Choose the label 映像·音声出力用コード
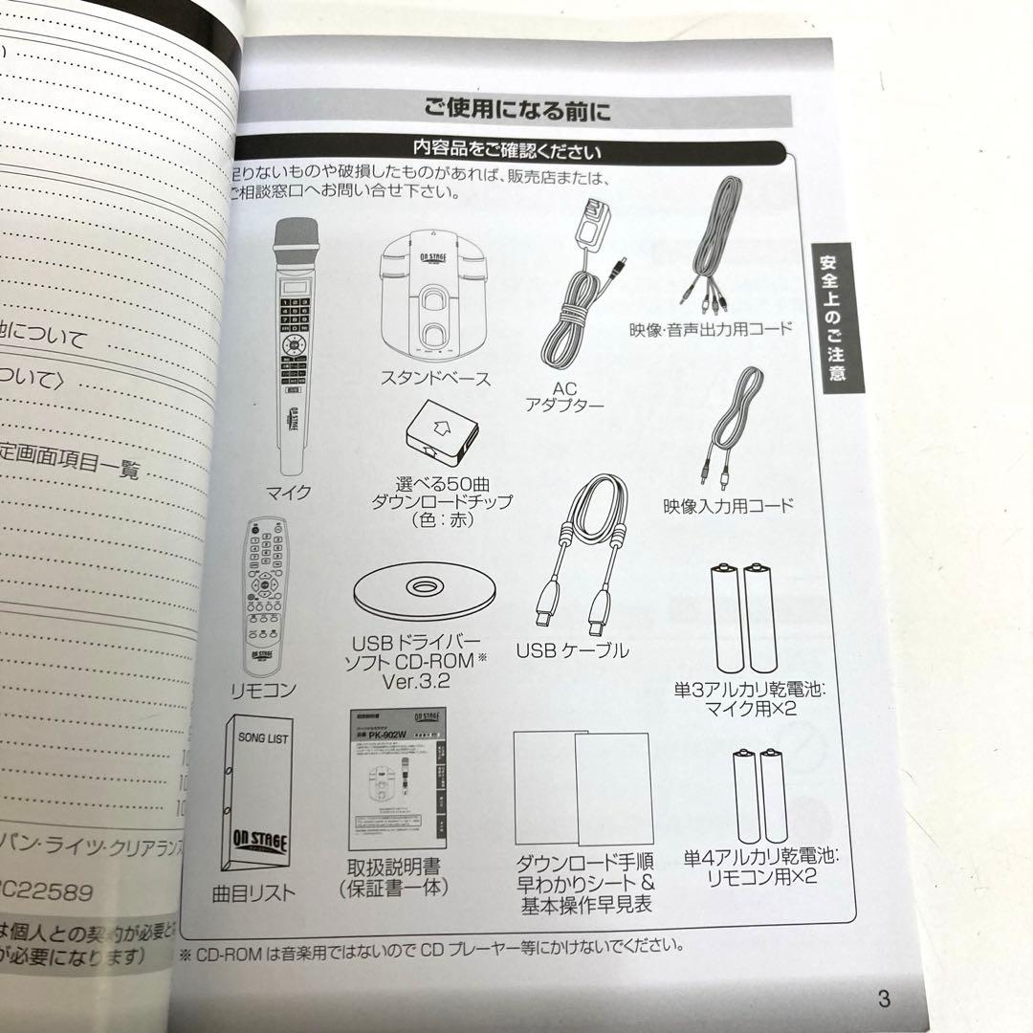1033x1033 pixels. (x=712, y=329)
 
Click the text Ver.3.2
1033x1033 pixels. (x=414, y=683)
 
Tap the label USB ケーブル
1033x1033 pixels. (x=573, y=650)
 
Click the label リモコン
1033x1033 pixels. (x=264, y=689)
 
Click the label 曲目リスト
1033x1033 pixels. (x=254, y=895)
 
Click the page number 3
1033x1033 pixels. (x=883, y=1000)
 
